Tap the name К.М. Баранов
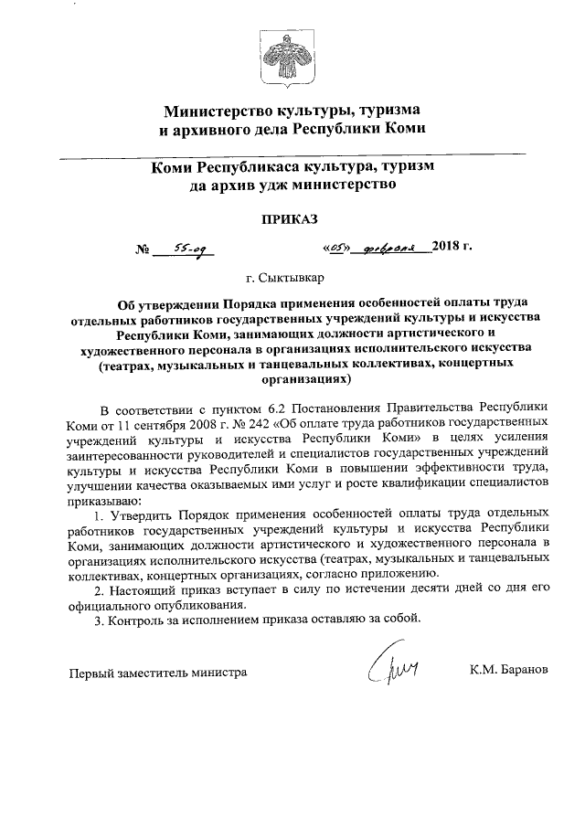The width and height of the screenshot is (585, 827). click(508, 671)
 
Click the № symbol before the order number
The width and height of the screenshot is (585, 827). click(142, 249)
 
